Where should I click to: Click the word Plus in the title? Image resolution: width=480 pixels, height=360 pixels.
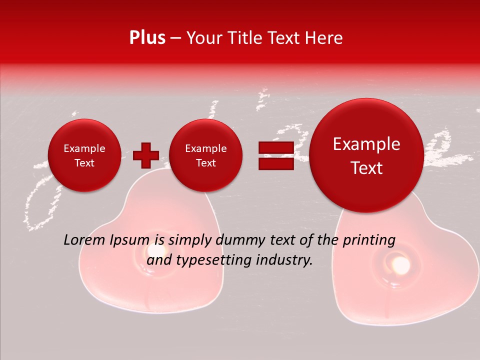[x=147, y=38]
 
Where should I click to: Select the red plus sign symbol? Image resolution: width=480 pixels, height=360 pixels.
[x=145, y=155]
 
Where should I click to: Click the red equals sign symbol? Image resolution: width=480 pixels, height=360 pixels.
[x=276, y=156]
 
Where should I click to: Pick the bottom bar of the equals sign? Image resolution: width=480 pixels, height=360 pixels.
[x=276, y=163]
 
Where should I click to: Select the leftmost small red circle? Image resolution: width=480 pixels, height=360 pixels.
[x=84, y=155]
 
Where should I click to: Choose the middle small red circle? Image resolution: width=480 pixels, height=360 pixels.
[x=205, y=155]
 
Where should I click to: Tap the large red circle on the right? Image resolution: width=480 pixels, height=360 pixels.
[x=366, y=155]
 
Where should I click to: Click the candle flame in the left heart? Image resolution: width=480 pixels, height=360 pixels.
[x=150, y=251]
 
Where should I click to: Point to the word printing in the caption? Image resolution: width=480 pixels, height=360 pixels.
[x=369, y=240]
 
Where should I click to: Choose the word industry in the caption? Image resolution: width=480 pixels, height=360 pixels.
[x=287, y=260]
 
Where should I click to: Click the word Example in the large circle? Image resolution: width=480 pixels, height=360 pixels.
[x=366, y=144]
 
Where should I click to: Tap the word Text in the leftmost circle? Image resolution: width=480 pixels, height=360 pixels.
[x=84, y=163]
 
